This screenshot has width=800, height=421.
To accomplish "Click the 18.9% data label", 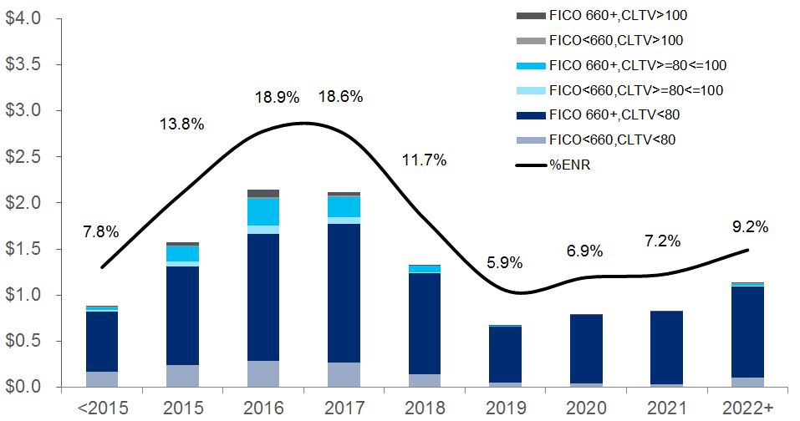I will (x=277, y=97).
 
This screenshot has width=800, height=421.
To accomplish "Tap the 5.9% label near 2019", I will (x=504, y=262).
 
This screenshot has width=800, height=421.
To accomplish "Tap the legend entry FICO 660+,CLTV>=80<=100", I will (x=636, y=64).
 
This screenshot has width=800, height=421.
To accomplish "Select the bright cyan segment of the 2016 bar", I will (x=263, y=211).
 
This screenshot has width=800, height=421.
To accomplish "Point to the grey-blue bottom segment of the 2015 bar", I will (x=182, y=376).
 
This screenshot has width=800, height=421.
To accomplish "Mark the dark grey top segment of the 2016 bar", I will (x=263, y=194).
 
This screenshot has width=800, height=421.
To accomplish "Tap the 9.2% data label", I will (x=749, y=226).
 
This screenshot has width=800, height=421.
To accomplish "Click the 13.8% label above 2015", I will (x=182, y=124).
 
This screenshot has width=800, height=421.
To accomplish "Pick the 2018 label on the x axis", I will (x=423, y=407).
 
